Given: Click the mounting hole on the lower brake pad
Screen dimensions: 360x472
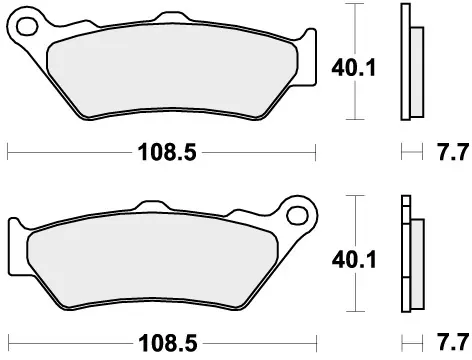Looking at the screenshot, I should [x=294, y=214].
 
